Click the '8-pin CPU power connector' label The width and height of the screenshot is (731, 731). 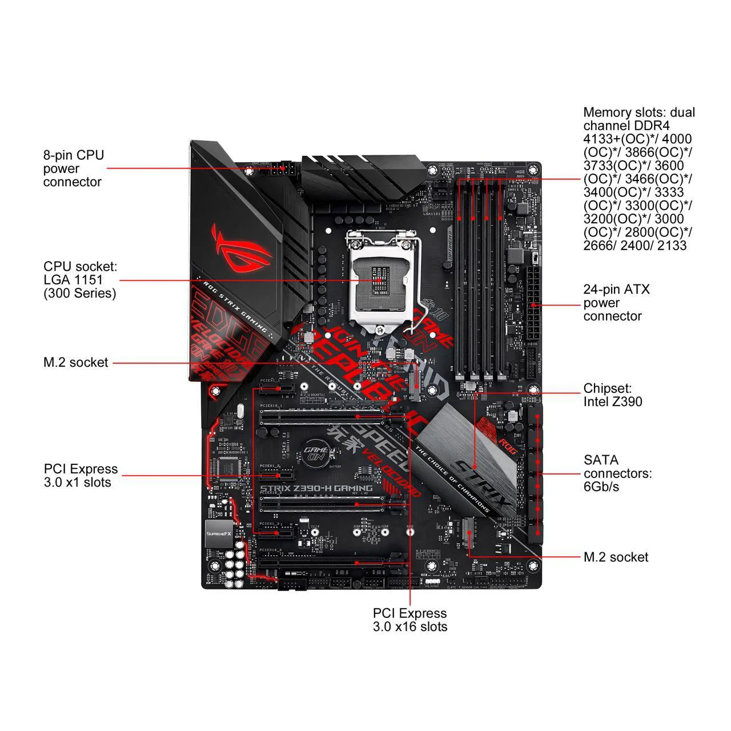[73, 168]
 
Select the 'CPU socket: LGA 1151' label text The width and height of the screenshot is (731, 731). [80, 280]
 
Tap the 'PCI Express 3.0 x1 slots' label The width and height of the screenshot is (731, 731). [81, 476]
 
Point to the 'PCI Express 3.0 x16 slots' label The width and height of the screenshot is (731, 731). [410, 620]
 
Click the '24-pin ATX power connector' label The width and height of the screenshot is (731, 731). [616, 303]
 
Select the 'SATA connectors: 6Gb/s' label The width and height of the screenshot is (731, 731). [617, 473]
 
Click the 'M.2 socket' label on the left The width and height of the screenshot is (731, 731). [76, 362]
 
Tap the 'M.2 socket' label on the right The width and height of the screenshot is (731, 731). [616, 557]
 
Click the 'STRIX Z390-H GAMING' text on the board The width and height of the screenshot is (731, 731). [316, 488]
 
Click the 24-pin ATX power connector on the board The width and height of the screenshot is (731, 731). [533, 306]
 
